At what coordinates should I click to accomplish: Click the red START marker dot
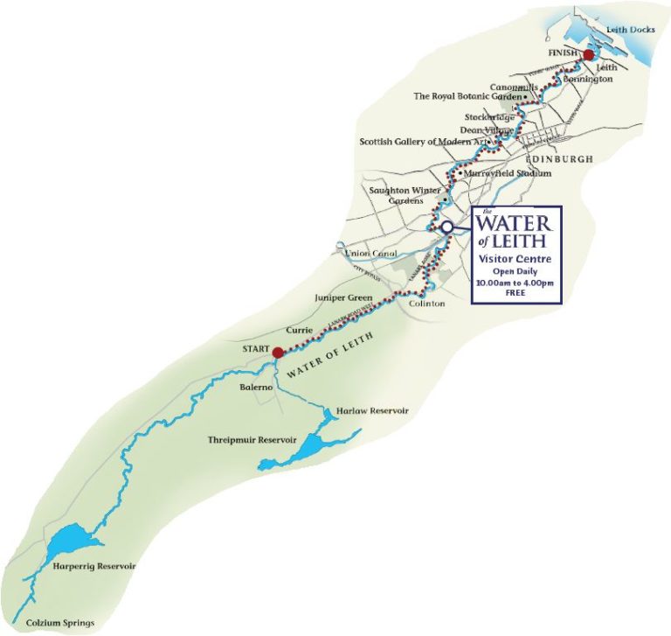click(276, 353)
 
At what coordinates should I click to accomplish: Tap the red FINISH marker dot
click(589, 54)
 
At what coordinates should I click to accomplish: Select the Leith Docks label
click(625, 29)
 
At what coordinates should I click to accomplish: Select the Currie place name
click(300, 331)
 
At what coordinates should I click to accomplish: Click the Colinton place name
click(427, 303)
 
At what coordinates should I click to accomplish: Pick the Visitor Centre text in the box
click(515, 260)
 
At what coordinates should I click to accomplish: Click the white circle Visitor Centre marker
click(446, 226)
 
